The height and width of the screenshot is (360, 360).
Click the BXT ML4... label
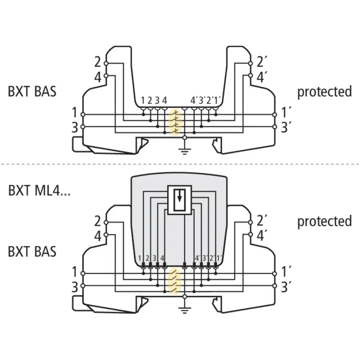39,190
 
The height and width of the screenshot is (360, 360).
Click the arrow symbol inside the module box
180,196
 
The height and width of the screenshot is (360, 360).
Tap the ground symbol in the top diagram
185,152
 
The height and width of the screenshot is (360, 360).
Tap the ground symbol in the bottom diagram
185,310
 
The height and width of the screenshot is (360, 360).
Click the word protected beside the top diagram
324,92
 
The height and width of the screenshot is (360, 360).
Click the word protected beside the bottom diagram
324,222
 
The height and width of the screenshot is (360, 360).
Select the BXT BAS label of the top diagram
32,91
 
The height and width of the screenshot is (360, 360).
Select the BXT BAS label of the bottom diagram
32,252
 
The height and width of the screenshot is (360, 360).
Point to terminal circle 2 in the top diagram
106,64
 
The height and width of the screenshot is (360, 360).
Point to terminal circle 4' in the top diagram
250,75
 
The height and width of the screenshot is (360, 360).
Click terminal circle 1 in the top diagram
83,115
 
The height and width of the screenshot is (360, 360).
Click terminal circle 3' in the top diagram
274,127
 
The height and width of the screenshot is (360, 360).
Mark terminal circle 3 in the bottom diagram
83,286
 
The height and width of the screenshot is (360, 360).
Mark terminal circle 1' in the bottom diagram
274,274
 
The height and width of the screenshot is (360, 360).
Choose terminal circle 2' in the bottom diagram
250,222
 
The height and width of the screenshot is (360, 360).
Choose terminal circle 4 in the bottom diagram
106,235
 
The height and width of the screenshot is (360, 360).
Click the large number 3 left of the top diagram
75,127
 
